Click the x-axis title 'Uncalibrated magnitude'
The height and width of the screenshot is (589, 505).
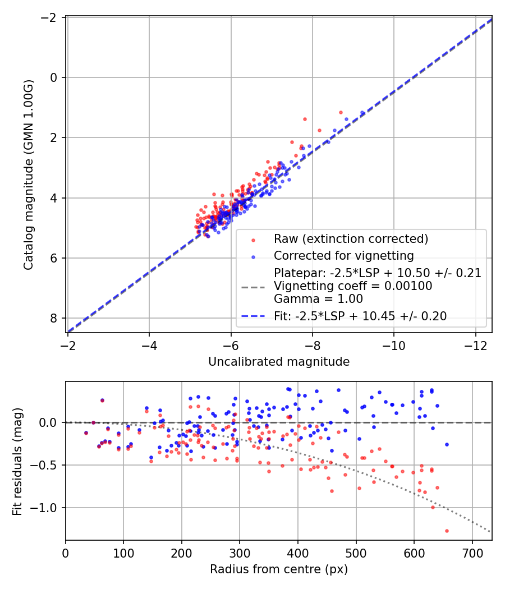279,362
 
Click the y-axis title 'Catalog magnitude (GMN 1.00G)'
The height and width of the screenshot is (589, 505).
29,174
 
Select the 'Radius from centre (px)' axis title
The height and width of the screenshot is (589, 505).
279,569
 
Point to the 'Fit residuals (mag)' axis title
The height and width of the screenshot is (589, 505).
17,461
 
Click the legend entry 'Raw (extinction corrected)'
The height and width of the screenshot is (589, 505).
351,239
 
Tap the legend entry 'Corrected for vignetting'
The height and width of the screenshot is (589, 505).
343,256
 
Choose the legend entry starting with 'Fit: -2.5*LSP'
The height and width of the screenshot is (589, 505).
360,316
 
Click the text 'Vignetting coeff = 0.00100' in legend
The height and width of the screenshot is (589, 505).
352,286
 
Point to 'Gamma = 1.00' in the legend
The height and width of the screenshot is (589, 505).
318,299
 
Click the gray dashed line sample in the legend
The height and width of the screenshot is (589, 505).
253,287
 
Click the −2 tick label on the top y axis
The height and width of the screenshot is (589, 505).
50,17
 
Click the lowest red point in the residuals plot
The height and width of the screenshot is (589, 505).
447,531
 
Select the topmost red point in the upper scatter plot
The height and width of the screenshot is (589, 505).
341,112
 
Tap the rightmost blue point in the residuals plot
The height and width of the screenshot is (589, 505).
447,444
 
